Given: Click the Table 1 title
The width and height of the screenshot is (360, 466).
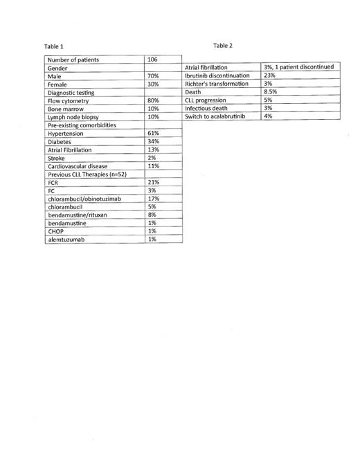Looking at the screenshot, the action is (53, 46).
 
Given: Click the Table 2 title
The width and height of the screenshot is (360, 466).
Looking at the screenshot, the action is (223, 46).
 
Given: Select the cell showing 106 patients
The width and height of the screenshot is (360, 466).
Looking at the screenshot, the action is (154, 60).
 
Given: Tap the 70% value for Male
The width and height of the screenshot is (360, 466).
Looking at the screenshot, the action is (154, 75).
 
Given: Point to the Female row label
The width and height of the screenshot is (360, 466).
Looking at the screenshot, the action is (59, 84).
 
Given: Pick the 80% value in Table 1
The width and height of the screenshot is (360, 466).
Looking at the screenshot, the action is (154, 100).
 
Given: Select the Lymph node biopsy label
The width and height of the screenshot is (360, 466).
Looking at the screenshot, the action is (73, 117).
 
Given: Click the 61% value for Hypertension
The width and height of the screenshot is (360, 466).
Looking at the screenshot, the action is (154, 133).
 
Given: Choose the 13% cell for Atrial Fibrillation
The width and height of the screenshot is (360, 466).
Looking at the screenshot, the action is (154, 150).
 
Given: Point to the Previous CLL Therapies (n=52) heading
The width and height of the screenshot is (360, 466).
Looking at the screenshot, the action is (86, 174).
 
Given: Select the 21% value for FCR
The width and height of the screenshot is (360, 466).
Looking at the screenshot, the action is (154, 182).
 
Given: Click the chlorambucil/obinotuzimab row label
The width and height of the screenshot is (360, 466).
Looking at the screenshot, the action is (84, 199).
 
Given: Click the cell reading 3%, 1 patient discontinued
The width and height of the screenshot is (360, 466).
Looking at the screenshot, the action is (298, 67).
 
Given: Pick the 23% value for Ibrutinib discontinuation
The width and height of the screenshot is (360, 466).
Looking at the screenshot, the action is (270, 75).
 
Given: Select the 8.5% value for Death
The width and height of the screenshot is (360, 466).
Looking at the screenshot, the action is (271, 92).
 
